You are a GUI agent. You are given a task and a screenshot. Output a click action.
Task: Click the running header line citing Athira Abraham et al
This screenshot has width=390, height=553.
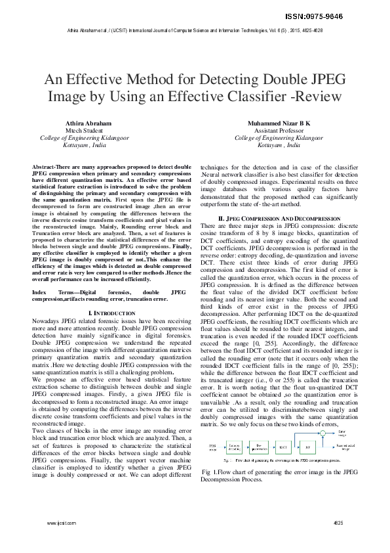pyautogui.click(x=194, y=31)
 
